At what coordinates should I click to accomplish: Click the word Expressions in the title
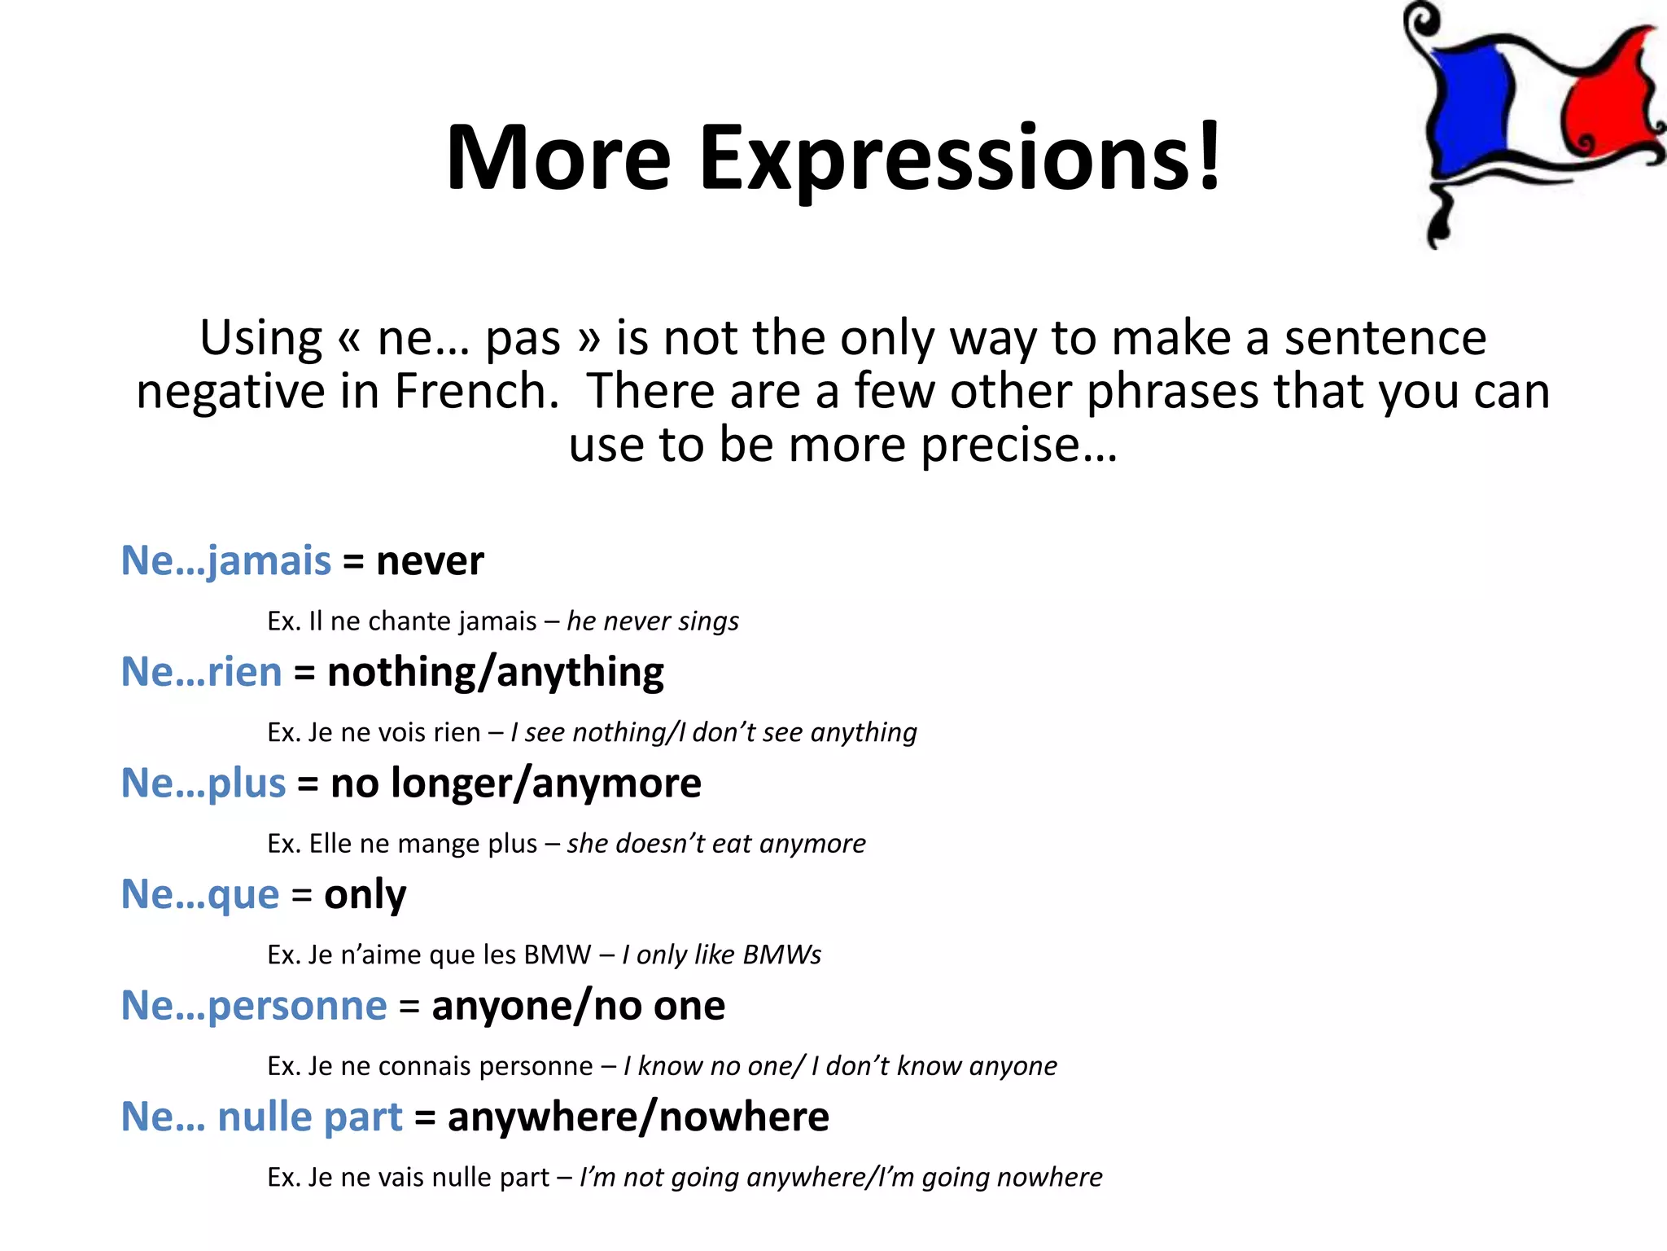pos(960,159)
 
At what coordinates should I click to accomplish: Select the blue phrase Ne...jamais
pos(226,561)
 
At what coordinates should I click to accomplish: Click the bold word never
pos(430,561)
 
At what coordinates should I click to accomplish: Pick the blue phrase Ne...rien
pos(201,673)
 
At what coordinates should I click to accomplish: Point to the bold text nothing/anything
pos(495,673)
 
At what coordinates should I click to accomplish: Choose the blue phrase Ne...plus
pos(203,784)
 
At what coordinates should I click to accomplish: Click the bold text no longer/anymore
pos(515,784)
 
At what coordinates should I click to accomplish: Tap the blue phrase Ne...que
pos(200,895)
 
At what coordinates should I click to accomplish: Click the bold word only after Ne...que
pos(365,895)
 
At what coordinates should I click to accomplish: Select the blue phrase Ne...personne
pos(254,1006)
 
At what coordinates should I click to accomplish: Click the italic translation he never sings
pos(653,621)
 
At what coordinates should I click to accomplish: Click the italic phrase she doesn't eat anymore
pos(716,844)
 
